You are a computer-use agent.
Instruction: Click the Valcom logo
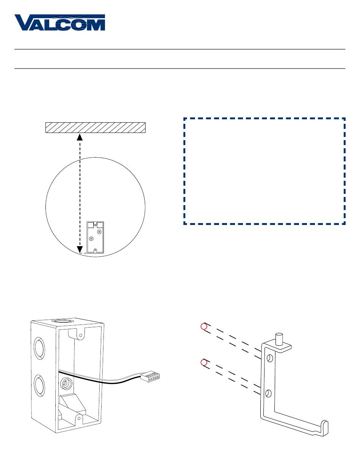click(59, 23)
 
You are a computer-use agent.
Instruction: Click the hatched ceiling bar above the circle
click(95, 128)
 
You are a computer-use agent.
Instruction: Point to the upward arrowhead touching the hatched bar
click(80, 137)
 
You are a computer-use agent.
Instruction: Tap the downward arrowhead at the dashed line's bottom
click(80, 249)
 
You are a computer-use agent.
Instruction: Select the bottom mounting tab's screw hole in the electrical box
click(78, 418)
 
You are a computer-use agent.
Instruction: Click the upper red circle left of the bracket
click(203, 326)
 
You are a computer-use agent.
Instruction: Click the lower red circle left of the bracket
click(203, 362)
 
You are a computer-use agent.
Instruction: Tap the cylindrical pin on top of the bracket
click(279, 338)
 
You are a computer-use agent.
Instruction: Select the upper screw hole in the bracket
click(269, 358)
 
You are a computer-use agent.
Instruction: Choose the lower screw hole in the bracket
click(268, 393)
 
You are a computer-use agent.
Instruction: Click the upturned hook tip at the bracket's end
click(325, 427)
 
